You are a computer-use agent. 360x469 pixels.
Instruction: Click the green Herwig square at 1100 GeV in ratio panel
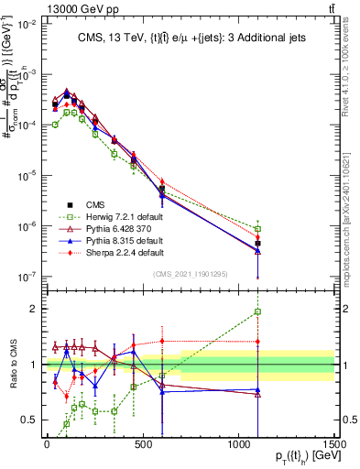[258, 311]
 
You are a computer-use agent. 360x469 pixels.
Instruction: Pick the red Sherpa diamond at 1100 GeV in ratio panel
[258, 342]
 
